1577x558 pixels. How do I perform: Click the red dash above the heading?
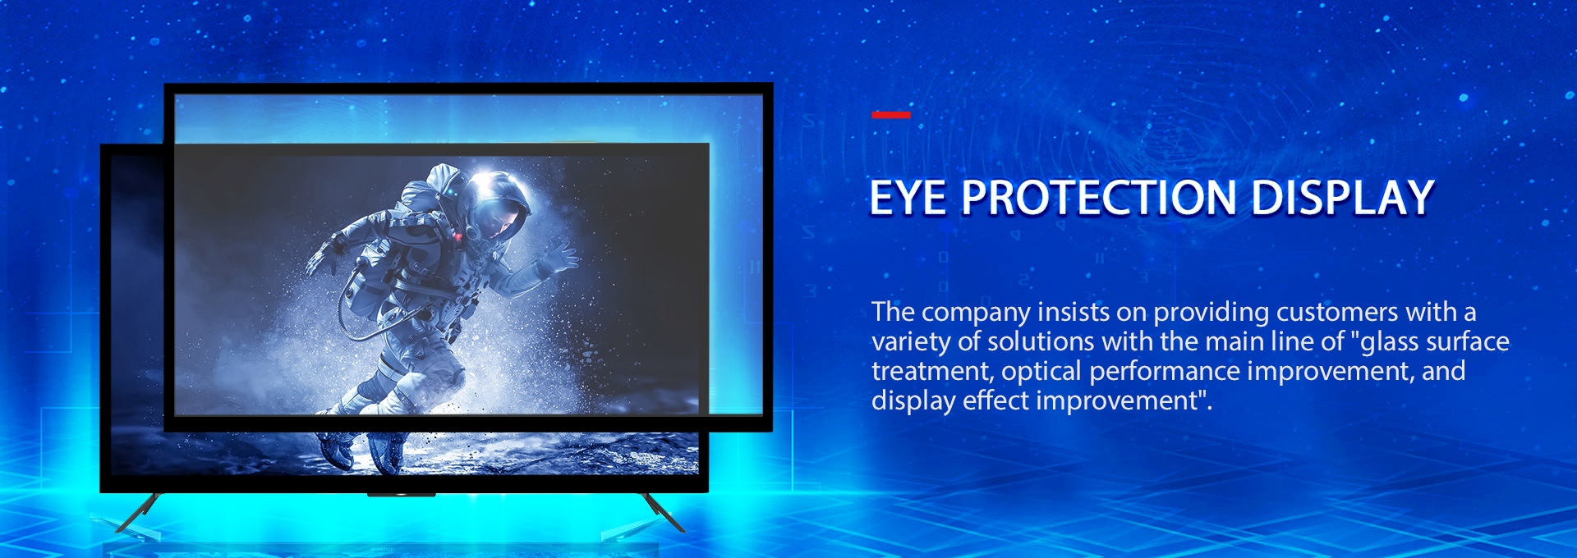890,115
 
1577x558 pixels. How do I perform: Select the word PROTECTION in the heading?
1098,198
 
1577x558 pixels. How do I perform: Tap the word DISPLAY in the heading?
1342,198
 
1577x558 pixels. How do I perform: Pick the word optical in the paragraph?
1041,371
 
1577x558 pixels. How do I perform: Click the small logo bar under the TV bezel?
401,495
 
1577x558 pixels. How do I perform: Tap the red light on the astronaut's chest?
457,236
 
